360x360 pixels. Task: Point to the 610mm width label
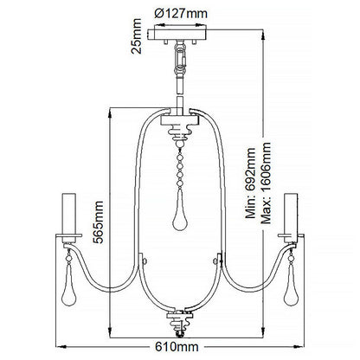180,348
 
